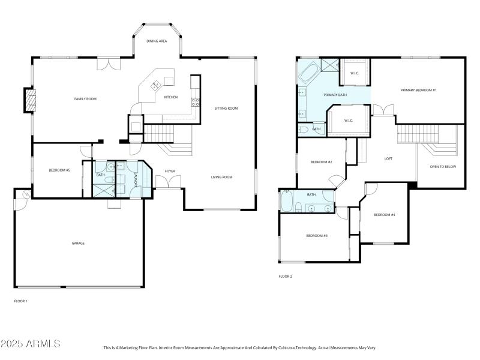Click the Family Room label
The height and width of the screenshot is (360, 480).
[x=85, y=99]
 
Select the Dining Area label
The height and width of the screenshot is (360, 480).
[x=157, y=41]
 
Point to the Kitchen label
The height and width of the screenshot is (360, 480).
[x=171, y=97]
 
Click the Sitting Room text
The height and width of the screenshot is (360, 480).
[x=226, y=109]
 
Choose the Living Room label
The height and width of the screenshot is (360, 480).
[x=221, y=177]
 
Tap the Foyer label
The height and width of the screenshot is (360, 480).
[x=170, y=171]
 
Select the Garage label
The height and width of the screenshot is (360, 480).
[x=78, y=243]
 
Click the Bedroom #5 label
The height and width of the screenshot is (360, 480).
[x=59, y=170]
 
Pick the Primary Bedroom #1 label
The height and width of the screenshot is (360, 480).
[x=419, y=90]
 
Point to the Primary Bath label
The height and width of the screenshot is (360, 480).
[x=335, y=95]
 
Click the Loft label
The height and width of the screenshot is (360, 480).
[x=388, y=159]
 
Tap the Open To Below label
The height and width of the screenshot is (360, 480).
[x=443, y=166]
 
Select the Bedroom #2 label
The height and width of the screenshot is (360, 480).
[x=321, y=162]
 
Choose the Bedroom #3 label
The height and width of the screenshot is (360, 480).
[x=316, y=236]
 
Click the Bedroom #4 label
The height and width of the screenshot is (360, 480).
[x=384, y=215]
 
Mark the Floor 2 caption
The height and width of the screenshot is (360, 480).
[x=285, y=277]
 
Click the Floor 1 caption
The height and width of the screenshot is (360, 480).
[x=20, y=301]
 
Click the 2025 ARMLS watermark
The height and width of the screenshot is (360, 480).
[x=31, y=344]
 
